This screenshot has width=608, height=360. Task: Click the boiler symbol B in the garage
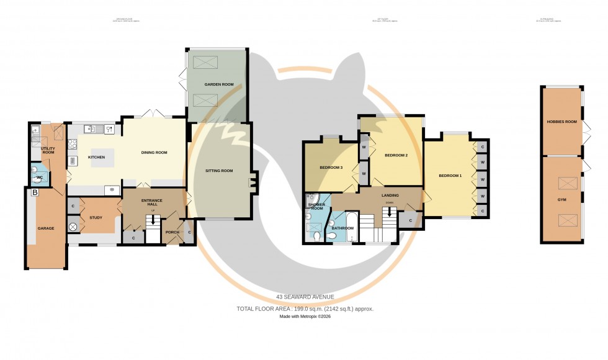(x=35, y=193)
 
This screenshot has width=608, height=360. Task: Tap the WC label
(x=40, y=178)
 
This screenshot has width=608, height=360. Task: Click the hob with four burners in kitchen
(x=73, y=145)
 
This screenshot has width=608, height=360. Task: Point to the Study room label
(x=96, y=218)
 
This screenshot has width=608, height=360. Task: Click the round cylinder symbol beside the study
(x=73, y=228)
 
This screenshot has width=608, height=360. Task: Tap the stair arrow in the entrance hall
(x=153, y=220)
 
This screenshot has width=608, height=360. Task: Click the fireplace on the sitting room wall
(x=251, y=183)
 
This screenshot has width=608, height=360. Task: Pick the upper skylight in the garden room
(x=207, y=62)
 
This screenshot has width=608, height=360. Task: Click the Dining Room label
(x=154, y=152)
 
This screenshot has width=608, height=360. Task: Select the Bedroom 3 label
(x=331, y=168)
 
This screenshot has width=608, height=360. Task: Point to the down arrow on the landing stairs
(x=390, y=212)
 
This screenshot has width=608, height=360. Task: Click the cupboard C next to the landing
(x=410, y=220)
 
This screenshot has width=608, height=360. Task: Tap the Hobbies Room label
(x=561, y=122)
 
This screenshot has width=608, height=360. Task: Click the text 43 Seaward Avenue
(x=304, y=297)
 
